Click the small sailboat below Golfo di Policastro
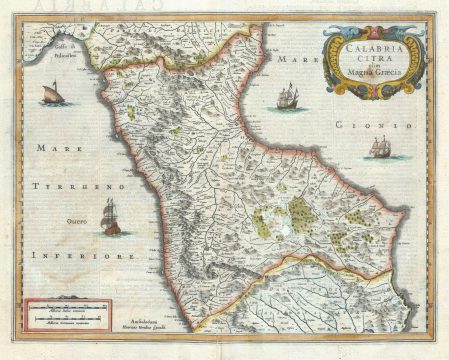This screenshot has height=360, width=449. (51, 96)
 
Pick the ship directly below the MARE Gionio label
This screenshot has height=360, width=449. (287, 97)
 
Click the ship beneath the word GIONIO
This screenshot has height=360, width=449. (378, 147)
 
